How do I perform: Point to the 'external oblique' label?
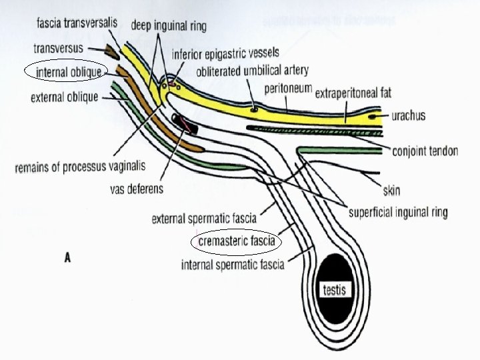[64, 97]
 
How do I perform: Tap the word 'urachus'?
[409, 116]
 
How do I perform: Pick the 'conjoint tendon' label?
[425, 151]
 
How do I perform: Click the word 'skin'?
[391, 191]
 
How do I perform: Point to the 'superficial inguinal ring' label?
[398, 213]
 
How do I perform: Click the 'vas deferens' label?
[136, 189]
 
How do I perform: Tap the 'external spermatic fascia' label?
[204, 218]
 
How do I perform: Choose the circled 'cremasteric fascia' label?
[237, 241]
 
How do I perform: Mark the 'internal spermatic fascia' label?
[233, 265]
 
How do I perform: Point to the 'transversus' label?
[58, 48]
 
